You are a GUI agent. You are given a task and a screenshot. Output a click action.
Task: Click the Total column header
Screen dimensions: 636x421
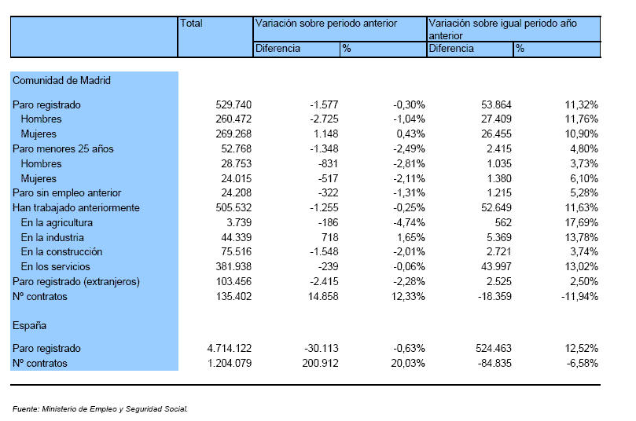point(191,23)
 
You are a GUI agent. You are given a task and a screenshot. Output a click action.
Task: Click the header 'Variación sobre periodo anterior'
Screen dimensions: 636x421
point(325,24)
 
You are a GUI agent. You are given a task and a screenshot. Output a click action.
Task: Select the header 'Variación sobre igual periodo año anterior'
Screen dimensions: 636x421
point(502,29)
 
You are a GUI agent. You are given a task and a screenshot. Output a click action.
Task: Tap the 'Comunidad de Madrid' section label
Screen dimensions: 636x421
point(61,80)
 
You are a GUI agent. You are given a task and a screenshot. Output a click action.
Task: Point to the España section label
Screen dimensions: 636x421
point(30,326)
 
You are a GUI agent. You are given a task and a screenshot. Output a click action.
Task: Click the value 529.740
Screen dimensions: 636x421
point(233,105)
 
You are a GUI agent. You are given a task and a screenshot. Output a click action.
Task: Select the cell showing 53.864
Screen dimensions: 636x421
point(497,105)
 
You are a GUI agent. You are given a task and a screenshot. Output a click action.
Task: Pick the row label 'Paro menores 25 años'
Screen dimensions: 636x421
point(63,149)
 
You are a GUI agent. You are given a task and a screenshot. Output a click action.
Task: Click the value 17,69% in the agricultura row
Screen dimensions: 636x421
point(582,223)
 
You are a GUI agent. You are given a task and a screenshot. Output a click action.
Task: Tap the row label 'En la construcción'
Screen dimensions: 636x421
point(61,252)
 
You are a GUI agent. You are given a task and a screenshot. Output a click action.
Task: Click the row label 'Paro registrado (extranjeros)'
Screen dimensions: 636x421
point(76,282)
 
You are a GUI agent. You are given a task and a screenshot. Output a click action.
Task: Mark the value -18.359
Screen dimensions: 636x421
point(494,297)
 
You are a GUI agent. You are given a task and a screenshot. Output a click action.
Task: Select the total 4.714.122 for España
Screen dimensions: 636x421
point(230,349)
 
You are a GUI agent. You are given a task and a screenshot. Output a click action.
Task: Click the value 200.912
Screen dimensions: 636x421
point(321,364)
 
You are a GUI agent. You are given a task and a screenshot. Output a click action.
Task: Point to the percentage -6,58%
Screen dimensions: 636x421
point(583,364)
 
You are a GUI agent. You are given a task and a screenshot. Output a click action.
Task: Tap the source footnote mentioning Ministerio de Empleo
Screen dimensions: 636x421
point(100,409)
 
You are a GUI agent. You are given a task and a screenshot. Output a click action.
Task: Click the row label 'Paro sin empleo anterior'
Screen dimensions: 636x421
point(67,193)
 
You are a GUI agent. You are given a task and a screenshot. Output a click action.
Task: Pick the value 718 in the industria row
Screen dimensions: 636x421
point(329,237)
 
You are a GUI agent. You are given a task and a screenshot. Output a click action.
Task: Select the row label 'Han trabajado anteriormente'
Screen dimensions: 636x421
point(76,208)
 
